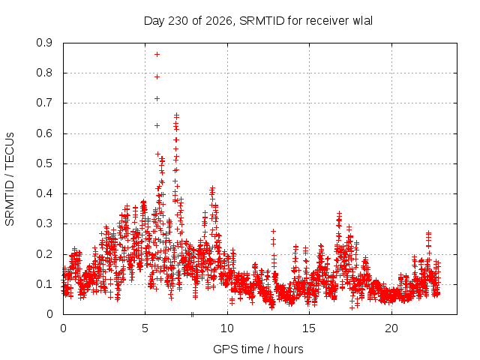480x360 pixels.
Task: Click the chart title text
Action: tap(258, 21)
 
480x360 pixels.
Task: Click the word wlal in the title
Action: tap(363, 21)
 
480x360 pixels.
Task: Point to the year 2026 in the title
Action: tap(219, 21)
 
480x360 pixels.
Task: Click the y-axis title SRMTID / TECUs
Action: tap(10, 179)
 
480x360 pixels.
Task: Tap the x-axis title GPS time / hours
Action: tap(258, 349)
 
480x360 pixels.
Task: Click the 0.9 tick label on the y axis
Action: tap(44, 43)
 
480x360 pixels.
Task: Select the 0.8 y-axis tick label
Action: tap(44, 73)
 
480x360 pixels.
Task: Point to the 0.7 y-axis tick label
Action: tap(44, 103)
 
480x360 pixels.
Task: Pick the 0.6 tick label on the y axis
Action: tap(44, 133)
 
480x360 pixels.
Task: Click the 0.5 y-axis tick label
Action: tap(44, 163)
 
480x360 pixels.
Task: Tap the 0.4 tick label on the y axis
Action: tap(44, 193)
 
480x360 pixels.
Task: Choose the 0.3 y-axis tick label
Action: tap(44, 223)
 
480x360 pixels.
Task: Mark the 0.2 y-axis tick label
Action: tap(44, 254)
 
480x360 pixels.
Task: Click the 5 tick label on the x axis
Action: tap(145, 328)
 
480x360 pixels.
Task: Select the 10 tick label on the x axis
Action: tap(227, 328)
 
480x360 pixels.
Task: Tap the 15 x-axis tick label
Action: tap(309, 328)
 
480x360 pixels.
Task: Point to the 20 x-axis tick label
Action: tap(391, 328)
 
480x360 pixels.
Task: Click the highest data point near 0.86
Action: tap(157, 55)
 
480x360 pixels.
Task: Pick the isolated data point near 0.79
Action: tap(157, 76)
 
